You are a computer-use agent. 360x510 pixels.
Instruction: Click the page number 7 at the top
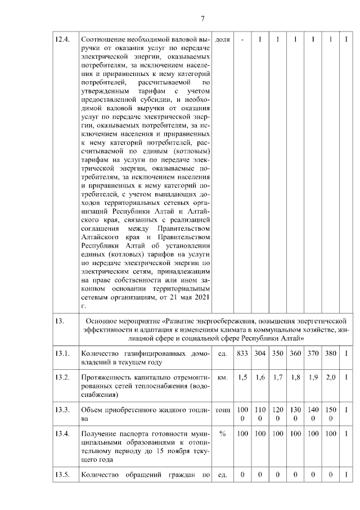(x=202, y=19)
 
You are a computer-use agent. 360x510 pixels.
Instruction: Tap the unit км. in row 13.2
(x=222, y=378)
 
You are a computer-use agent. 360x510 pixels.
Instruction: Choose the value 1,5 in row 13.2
(x=242, y=378)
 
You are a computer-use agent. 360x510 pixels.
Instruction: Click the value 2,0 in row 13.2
(x=331, y=378)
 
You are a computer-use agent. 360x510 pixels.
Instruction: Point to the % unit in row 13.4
(x=222, y=434)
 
